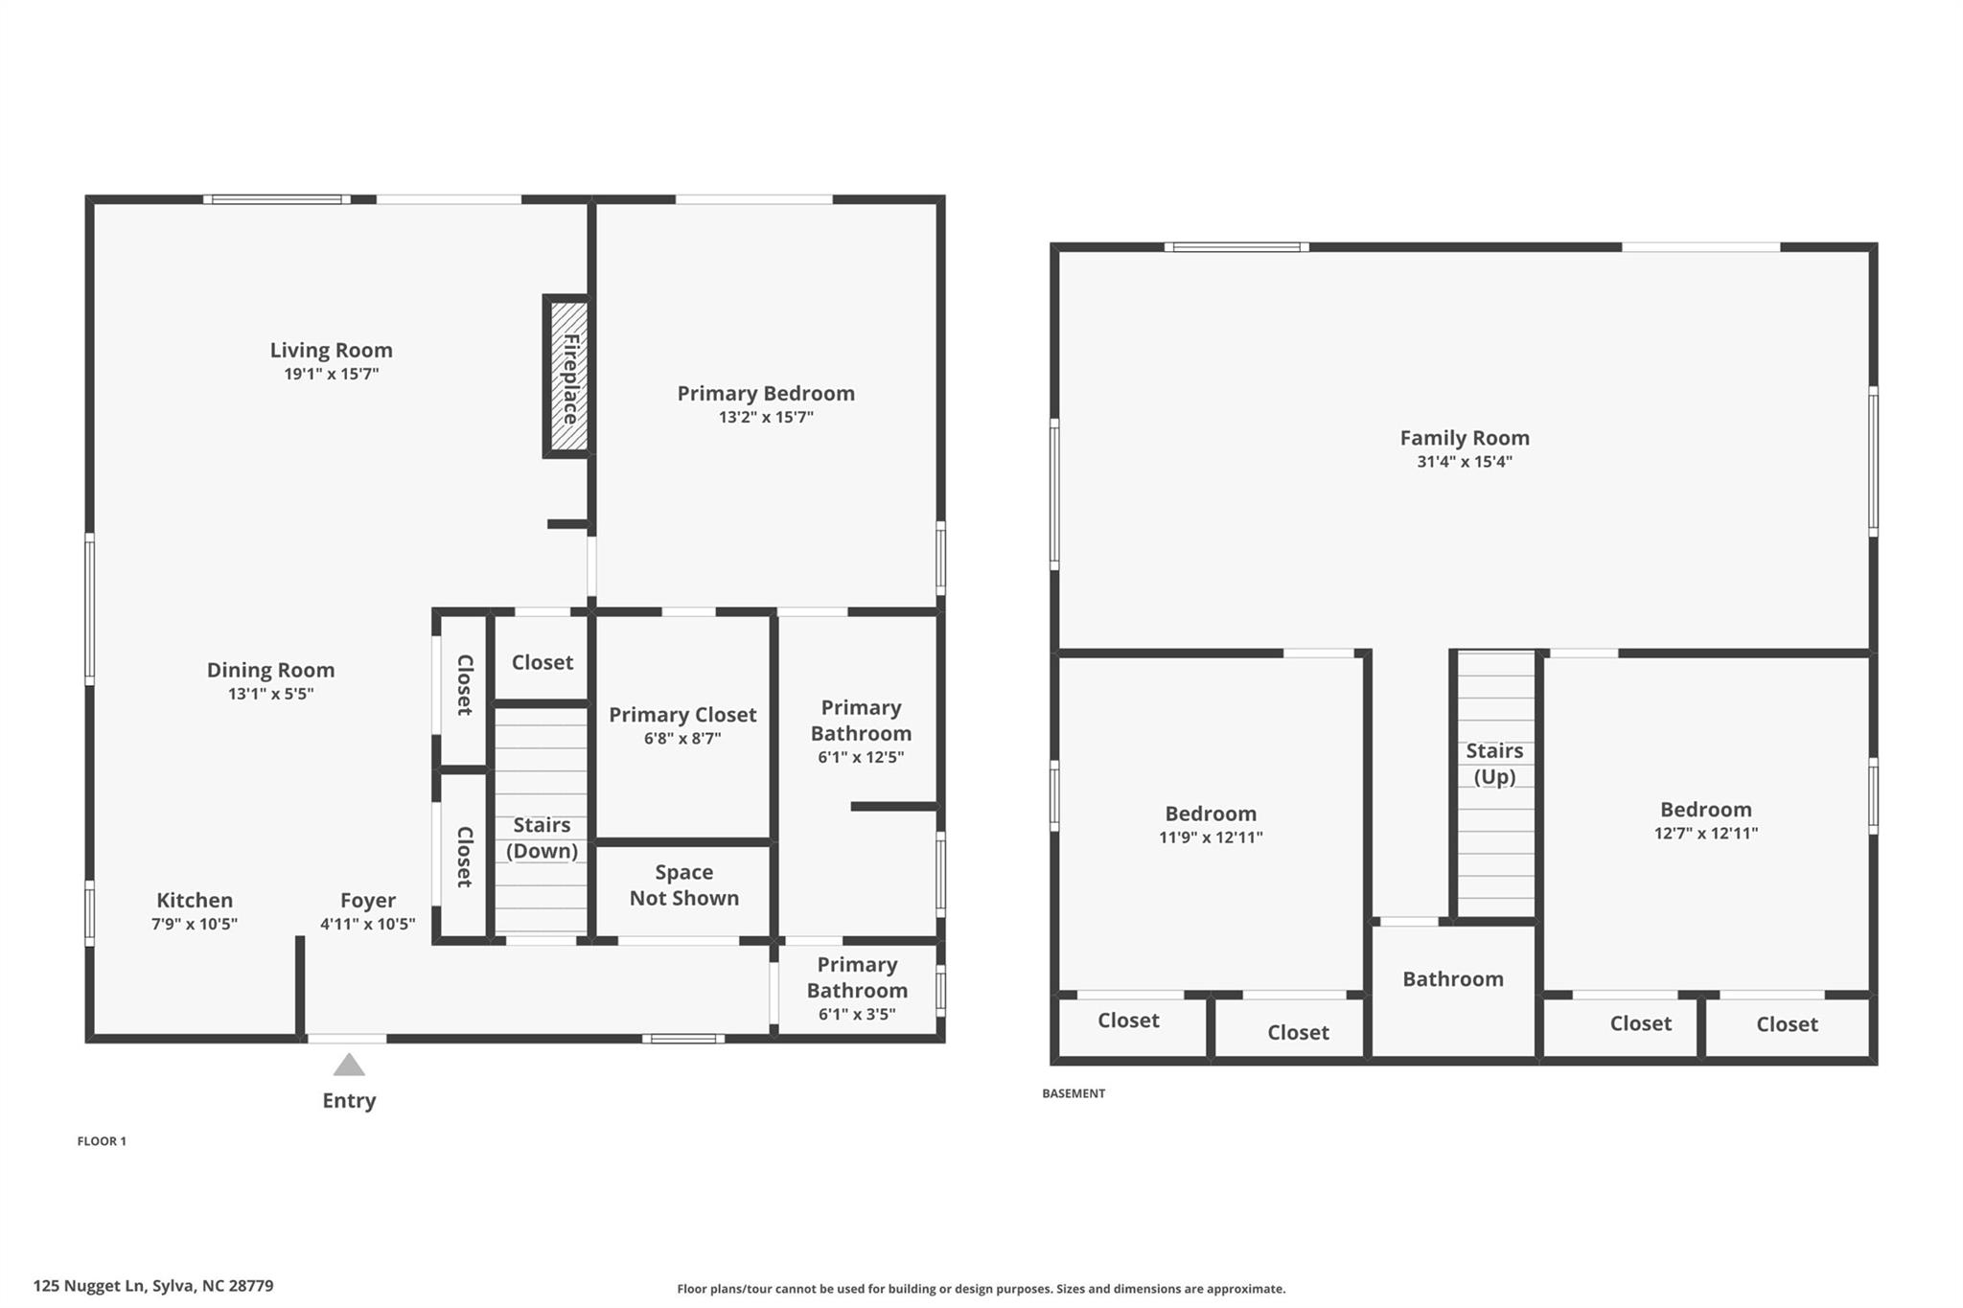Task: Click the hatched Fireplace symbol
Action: [x=568, y=377]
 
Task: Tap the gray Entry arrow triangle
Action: [x=349, y=1066]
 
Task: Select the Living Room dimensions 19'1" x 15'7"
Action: [x=331, y=374]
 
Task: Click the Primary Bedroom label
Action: [x=765, y=393]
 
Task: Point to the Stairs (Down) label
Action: [x=542, y=838]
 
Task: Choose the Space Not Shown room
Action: [x=683, y=885]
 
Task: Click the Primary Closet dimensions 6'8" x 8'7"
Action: [x=682, y=738]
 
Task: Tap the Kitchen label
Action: [x=195, y=900]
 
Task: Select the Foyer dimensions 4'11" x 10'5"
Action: [x=367, y=924]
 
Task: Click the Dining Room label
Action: [x=270, y=670]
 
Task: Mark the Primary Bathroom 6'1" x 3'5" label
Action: [x=857, y=989]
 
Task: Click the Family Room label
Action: [x=1464, y=438]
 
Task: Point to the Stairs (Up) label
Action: [x=1493, y=764]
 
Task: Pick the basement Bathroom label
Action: [x=1452, y=978]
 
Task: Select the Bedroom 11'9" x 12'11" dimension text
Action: [x=1210, y=838]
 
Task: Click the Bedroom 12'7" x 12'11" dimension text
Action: [x=1705, y=834]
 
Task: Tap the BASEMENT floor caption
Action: [x=1074, y=1093]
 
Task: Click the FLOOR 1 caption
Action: [x=102, y=1141]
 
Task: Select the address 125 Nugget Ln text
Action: [x=153, y=1286]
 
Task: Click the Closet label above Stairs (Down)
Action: [x=542, y=662]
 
